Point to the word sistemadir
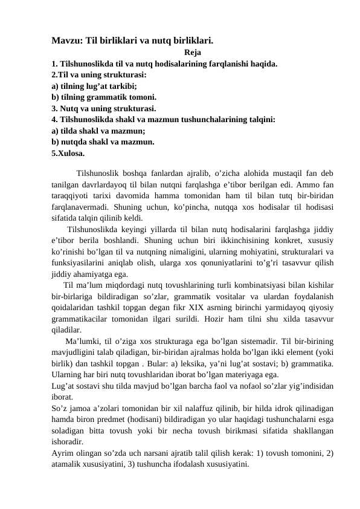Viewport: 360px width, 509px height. [x=253, y=342]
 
